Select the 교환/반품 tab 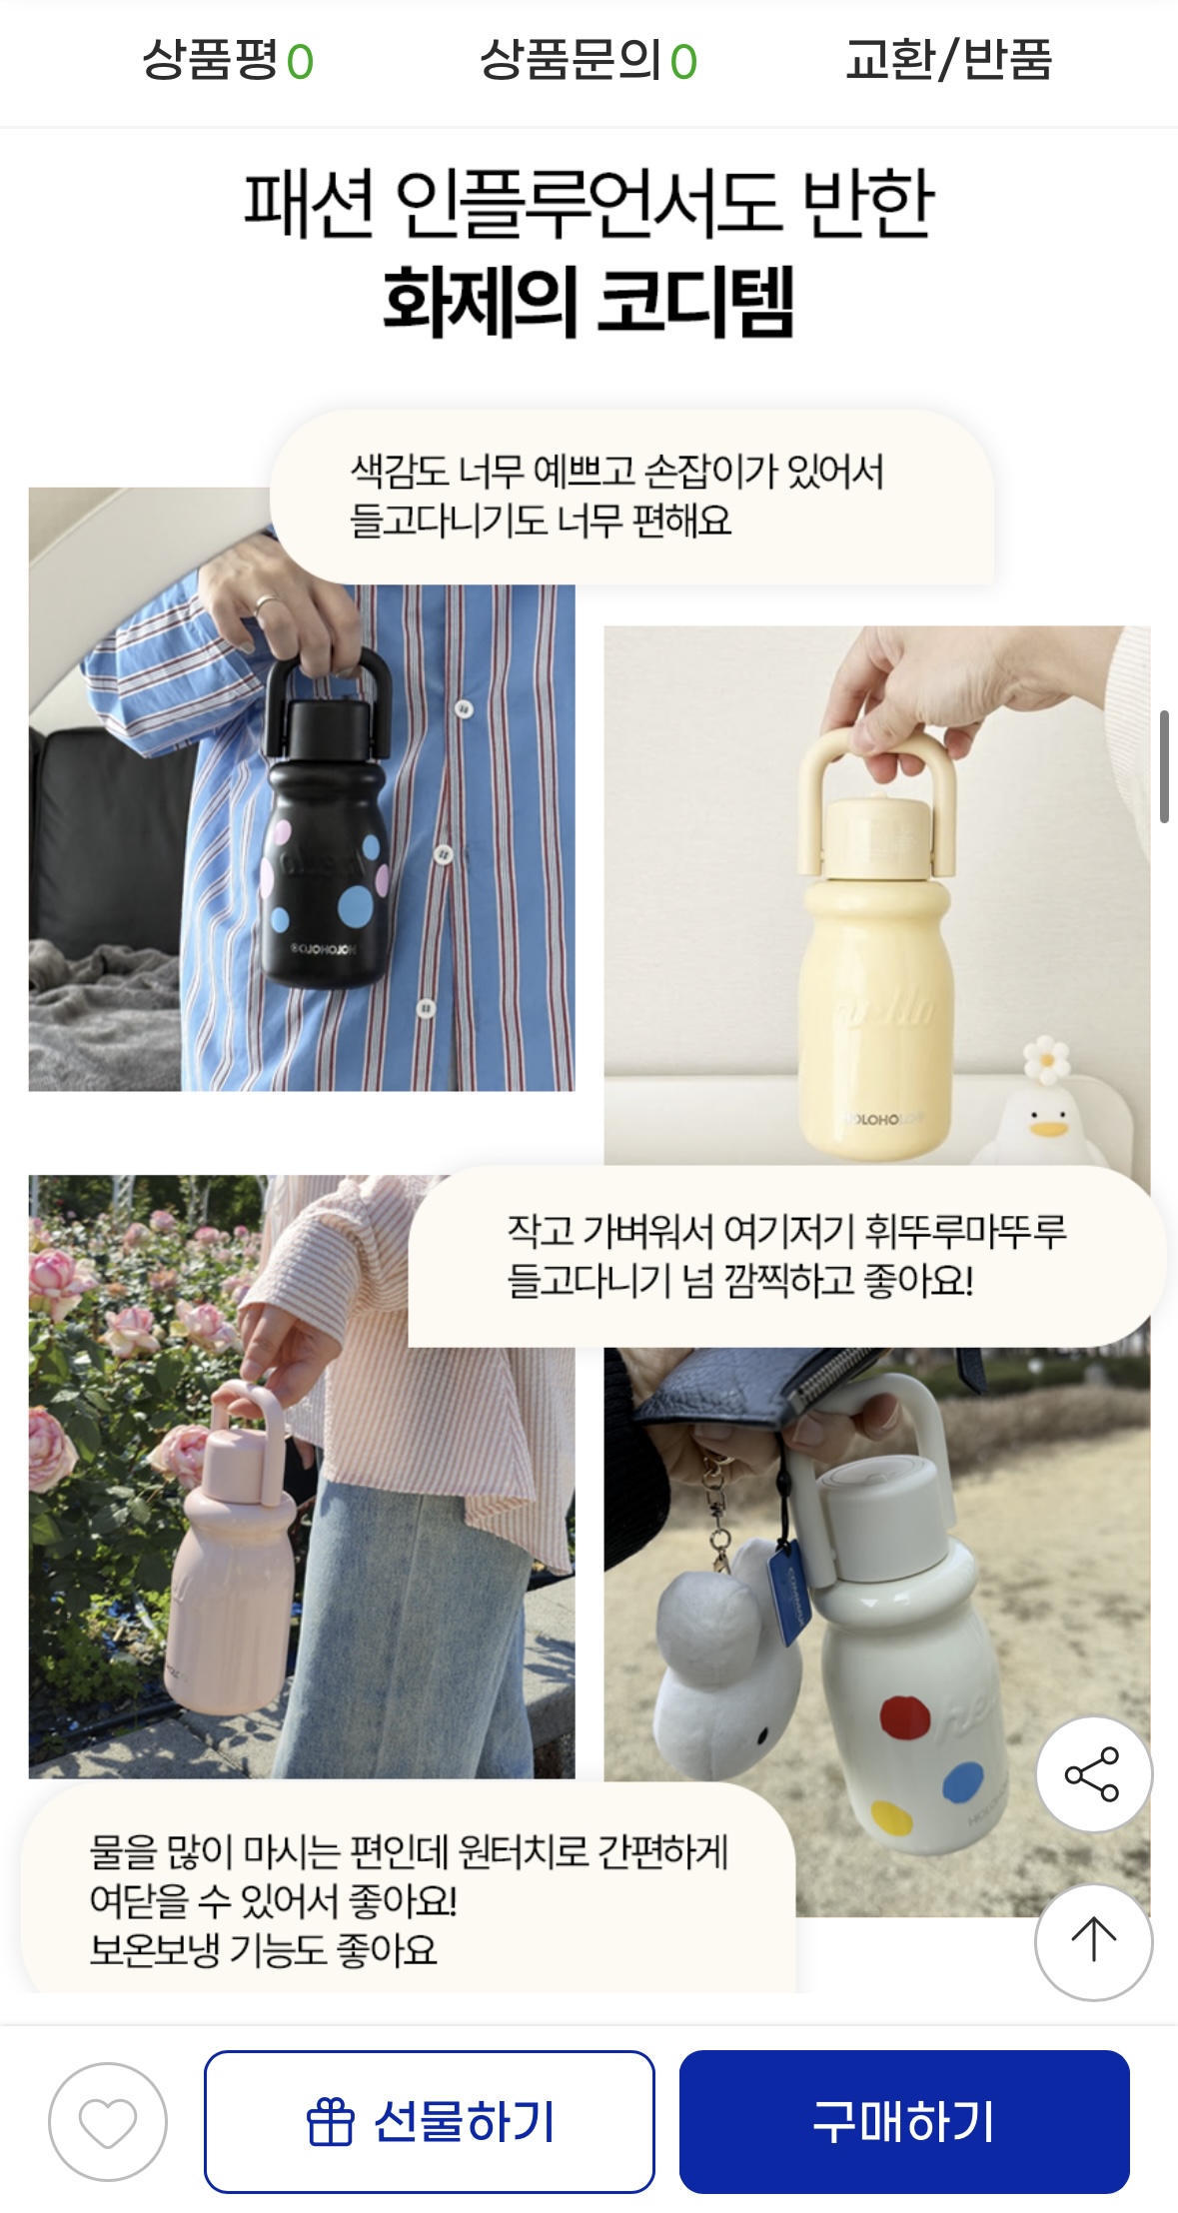click(x=948, y=60)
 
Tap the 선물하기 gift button click(x=430, y=2122)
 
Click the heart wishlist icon click(x=108, y=2122)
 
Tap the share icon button click(x=1093, y=1774)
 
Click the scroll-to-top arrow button click(x=1093, y=1940)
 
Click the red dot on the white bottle click(x=905, y=1717)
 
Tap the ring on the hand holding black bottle click(x=267, y=604)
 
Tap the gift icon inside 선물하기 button click(x=330, y=2122)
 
